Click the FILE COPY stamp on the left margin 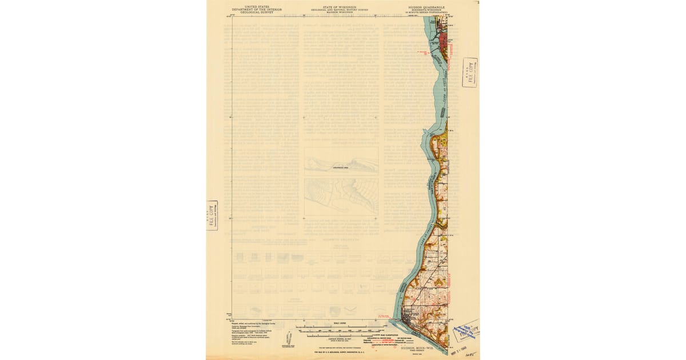click(x=213, y=215)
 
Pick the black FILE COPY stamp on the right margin click(x=470, y=72)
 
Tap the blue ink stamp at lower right click(x=466, y=331)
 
